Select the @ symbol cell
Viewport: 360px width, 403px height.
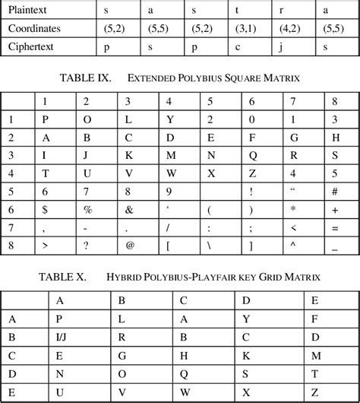130,245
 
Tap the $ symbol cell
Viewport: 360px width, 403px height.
45,208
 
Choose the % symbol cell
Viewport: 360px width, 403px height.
87,208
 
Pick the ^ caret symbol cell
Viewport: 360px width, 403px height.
292,245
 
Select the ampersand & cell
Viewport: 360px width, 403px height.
129,208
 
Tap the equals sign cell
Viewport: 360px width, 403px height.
334,227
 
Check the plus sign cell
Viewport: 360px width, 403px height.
334,208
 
